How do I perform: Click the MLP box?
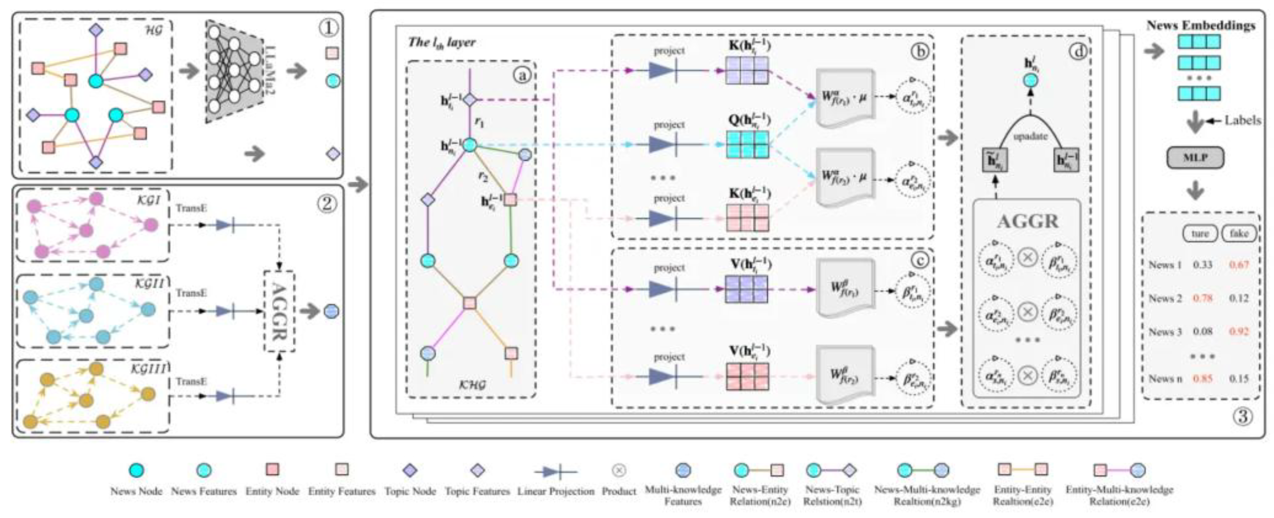click(x=1195, y=158)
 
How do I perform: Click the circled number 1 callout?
click(x=329, y=28)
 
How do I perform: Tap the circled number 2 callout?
click(x=326, y=203)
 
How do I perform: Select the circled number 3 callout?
click(x=1242, y=417)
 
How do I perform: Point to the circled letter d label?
click(x=1078, y=50)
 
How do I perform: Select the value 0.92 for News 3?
click(x=1239, y=331)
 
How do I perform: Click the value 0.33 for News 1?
click(x=1202, y=265)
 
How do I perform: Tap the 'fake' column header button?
click(x=1238, y=233)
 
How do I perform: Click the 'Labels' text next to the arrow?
click(x=1242, y=120)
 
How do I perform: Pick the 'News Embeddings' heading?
click(x=1201, y=25)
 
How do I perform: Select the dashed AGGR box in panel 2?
click(x=279, y=311)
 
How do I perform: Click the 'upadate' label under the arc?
click(x=1030, y=136)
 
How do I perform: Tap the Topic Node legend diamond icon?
click(x=410, y=470)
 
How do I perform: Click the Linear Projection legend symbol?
click(x=555, y=472)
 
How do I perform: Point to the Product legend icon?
click(x=619, y=470)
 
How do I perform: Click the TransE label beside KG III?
click(x=191, y=382)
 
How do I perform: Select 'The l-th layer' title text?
click(x=442, y=43)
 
